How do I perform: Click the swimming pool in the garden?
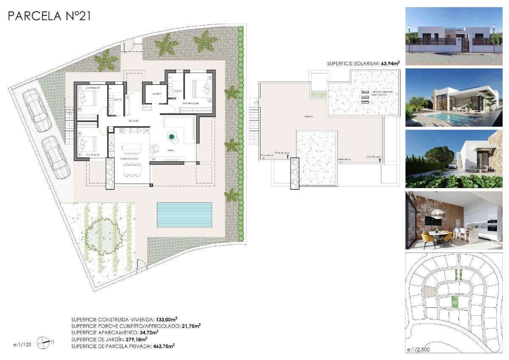point(185,214)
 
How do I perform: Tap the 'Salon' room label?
point(171,150)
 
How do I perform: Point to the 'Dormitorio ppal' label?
point(191,103)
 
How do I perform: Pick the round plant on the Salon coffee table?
point(172,137)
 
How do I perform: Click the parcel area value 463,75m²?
point(164,346)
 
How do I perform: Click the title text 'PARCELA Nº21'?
point(49,16)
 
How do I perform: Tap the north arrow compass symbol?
point(44,343)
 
